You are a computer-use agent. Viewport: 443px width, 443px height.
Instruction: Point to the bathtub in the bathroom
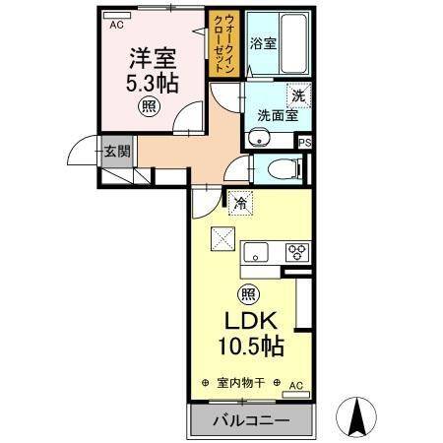tap(294, 44)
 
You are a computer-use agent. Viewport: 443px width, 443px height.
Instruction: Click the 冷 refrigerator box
tap(241, 205)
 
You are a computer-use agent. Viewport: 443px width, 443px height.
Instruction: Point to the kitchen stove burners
tap(294, 253)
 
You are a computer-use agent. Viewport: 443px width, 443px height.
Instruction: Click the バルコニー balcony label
tap(251, 420)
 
